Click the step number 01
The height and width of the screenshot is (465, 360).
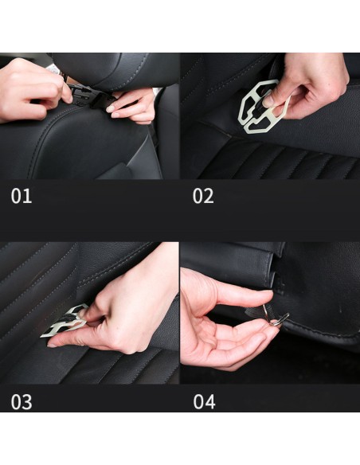[22, 196]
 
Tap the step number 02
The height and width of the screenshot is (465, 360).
[203, 196]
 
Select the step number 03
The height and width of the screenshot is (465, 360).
[22, 402]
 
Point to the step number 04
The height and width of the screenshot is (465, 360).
[204, 402]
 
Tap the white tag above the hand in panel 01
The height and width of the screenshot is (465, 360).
[54, 69]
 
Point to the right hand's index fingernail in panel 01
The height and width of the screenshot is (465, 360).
[111, 109]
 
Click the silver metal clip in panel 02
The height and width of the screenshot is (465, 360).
[261, 107]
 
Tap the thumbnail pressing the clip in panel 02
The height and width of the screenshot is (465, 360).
[268, 100]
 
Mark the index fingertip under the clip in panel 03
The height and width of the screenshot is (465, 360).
[52, 345]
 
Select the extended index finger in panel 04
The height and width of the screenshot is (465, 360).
[243, 296]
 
